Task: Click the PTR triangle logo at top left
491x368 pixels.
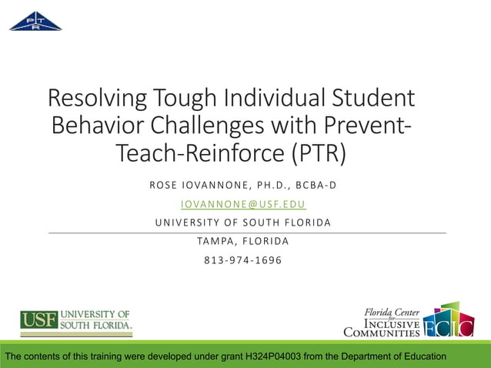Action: coord(35,21)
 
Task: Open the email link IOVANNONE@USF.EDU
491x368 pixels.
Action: coord(243,204)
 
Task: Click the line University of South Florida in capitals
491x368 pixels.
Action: coord(243,222)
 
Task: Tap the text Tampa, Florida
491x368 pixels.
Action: coord(243,241)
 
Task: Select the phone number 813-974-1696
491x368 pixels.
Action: coord(243,259)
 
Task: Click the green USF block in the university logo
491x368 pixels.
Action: coord(38,319)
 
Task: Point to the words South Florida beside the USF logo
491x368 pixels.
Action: coord(97,325)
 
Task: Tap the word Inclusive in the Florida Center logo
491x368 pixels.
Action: coord(391,324)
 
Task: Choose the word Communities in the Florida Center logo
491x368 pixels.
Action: coord(382,333)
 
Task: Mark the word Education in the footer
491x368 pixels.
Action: coord(420,356)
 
